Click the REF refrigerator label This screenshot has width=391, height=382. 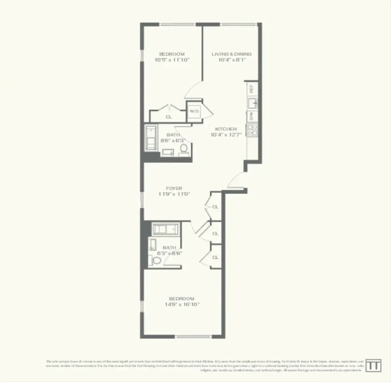point(251,89)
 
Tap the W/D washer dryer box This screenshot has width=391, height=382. point(194,111)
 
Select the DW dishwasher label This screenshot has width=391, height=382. point(251,116)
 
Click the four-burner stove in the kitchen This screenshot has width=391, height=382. point(252,129)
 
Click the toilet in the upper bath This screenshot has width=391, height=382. point(183,148)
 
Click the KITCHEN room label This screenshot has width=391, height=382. point(226,129)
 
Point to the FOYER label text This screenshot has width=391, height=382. point(174,188)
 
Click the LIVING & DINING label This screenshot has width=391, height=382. point(231,54)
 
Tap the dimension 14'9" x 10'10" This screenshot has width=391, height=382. point(182,304)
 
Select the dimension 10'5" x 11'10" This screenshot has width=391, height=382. point(172,60)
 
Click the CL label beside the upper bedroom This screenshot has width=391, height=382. point(169,117)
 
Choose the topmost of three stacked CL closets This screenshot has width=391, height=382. point(215,207)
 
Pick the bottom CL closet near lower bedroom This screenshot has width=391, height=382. point(215,257)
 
